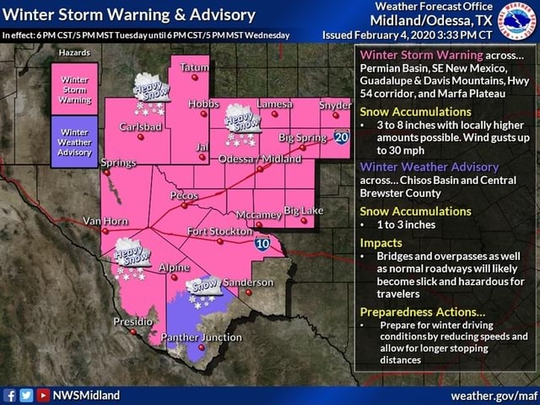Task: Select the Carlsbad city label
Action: (x=141, y=127)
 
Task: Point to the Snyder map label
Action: (x=335, y=105)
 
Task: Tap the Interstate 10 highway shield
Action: (x=262, y=243)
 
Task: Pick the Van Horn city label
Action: (x=104, y=220)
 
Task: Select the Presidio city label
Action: (x=132, y=321)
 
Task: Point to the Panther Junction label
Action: (x=201, y=337)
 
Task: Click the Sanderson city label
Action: (x=248, y=282)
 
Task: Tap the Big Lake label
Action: (x=303, y=209)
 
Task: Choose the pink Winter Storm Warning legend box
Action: (x=74, y=88)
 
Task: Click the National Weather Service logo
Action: (x=516, y=20)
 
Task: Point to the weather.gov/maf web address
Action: (x=493, y=395)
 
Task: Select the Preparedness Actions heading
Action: (x=418, y=311)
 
